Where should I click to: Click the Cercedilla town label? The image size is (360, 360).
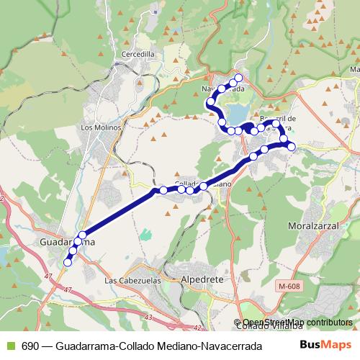pyautogui.click(x=138, y=54)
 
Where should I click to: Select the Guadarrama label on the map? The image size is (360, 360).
pyautogui.click(x=65, y=243)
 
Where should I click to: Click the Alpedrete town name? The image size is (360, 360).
pyautogui.click(x=204, y=277)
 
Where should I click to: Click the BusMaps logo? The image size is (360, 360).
pyautogui.click(x=330, y=344)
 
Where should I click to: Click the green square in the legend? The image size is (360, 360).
pyautogui.click(x=9, y=345)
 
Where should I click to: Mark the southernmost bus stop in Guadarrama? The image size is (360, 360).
pyautogui.click(x=68, y=263)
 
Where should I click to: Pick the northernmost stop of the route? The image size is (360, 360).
pyautogui.click(x=239, y=78)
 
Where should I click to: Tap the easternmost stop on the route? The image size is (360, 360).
pyautogui.click(x=292, y=146)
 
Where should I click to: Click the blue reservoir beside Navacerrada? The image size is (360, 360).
pyautogui.click(x=236, y=113)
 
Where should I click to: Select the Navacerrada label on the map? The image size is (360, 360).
pyautogui.click(x=228, y=89)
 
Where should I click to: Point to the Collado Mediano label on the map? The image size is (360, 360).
pyautogui.click(x=203, y=184)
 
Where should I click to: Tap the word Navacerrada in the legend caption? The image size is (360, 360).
pyautogui.click(x=232, y=345)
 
